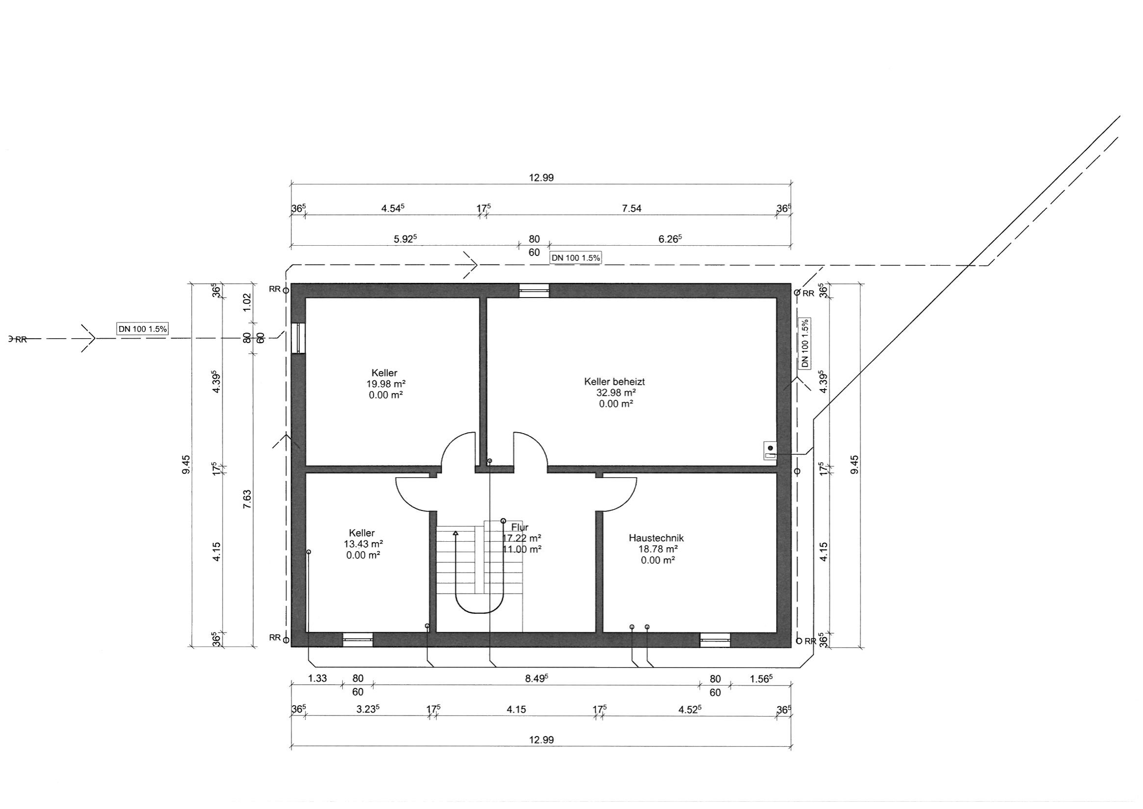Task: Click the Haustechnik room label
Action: (x=656, y=538)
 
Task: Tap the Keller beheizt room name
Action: (x=614, y=382)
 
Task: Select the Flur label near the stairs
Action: (x=520, y=527)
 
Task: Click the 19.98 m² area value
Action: (x=386, y=384)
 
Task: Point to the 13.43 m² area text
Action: (x=363, y=544)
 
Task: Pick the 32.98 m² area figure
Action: (x=616, y=393)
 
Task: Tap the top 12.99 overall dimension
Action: (x=541, y=178)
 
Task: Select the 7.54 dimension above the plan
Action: (x=632, y=208)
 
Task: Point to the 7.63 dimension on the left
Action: (x=247, y=500)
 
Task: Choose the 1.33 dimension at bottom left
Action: (x=317, y=678)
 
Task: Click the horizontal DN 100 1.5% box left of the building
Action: (x=142, y=329)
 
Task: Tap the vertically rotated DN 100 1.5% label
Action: (x=805, y=343)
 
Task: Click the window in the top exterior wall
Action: (x=534, y=291)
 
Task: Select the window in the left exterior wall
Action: (x=298, y=338)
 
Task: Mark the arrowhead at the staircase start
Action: (x=455, y=533)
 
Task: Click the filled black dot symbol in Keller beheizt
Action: (x=771, y=448)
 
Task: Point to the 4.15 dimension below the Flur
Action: (x=516, y=709)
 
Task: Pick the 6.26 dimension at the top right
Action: (x=670, y=239)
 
